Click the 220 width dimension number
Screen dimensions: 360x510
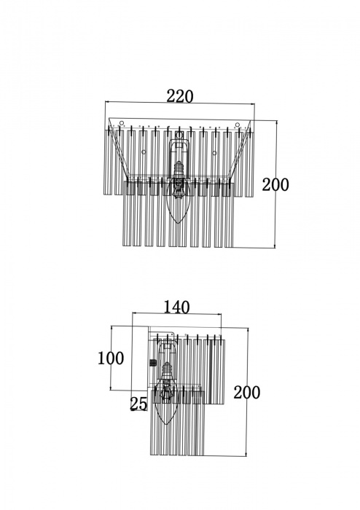tap(180, 96)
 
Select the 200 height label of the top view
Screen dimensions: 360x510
tap(275, 185)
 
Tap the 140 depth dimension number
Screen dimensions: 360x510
tap(176, 307)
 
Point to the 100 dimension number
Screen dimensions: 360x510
tap(111, 358)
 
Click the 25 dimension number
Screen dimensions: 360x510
tap(138, 404)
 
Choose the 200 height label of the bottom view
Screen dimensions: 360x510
tap(247, 392)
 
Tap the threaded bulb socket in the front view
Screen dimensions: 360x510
tap(179, 169)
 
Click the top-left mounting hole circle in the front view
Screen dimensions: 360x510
tap(122, 123)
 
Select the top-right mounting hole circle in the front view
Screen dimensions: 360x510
tap(238, 125)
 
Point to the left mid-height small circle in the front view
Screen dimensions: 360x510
tap(144, 152)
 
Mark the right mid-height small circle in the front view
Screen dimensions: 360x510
tap(214, 153)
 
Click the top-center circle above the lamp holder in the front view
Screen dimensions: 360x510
tap(179, 135)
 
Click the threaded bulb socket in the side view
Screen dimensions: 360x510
tap(167, 370)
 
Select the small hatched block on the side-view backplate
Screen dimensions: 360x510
tap(152, 362)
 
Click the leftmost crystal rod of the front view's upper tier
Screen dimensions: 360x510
tap(107, 162)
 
